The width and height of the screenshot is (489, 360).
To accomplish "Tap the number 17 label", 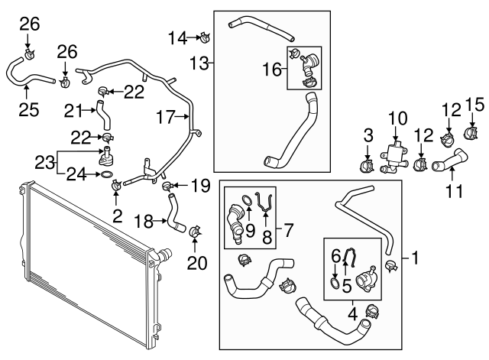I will tap(168, 118).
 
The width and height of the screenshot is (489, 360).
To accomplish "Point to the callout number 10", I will tap(398, 118).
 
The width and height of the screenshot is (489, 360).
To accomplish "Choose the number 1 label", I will tap(415, 258).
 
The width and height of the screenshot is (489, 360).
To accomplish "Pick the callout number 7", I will tap(288, 229).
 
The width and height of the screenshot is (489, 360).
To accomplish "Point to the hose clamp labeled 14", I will tap(205, 34).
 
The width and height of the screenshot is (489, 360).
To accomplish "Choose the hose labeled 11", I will tap(449, 161).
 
